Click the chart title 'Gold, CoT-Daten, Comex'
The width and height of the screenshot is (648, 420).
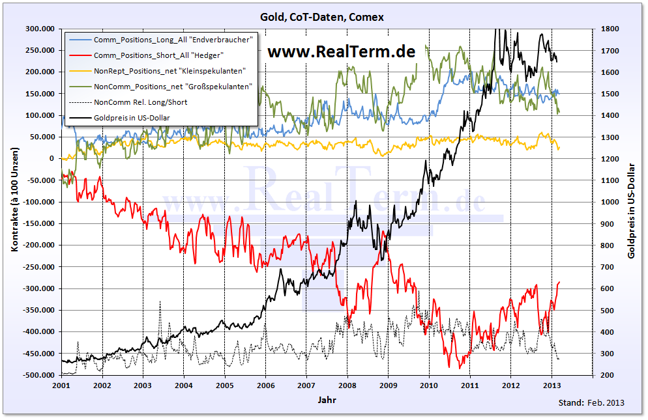point(323,17)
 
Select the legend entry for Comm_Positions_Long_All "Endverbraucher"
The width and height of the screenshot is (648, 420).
point(172,40)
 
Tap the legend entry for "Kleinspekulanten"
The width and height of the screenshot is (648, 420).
point(169,71)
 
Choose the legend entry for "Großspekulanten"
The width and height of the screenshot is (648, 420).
point(173,87)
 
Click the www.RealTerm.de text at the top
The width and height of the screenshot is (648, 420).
point(342,52)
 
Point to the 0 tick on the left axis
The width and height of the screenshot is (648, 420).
point(52,158)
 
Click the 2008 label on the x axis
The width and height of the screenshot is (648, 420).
point(347,385)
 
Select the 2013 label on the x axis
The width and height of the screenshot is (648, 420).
point(552,385)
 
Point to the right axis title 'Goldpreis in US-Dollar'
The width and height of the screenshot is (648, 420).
point(632,202)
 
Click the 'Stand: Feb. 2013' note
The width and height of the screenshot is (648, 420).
point(591,402)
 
